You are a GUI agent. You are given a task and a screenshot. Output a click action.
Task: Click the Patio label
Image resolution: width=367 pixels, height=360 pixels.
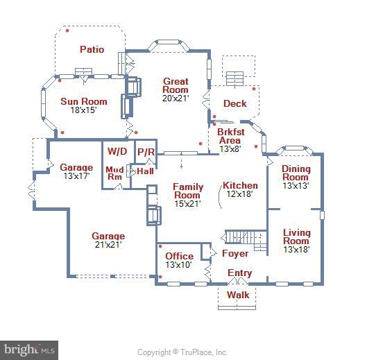tap(92, 49)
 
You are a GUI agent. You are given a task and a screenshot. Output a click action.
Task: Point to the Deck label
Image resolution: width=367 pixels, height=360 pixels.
tap(234, 104)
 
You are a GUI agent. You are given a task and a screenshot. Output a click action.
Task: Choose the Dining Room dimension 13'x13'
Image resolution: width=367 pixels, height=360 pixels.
tap(296, 186)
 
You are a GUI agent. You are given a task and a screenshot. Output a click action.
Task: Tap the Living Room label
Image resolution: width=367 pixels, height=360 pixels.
tap(296, 237)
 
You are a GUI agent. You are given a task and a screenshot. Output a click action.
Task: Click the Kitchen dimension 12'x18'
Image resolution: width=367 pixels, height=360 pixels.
tap(239, 194)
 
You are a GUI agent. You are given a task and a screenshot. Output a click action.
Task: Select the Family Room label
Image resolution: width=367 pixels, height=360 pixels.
tap(187, 191)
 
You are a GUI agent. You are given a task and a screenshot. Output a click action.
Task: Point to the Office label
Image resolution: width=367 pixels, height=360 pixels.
tap(179, 256)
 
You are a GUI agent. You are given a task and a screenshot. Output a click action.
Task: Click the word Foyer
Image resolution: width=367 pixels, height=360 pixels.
tap(234, 254)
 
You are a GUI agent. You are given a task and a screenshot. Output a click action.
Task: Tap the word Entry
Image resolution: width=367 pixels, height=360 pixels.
tap(240, 273)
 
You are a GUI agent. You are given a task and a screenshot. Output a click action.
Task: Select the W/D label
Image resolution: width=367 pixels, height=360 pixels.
tap(116, 151)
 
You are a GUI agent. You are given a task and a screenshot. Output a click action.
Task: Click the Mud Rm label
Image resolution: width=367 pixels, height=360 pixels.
tap(114, 173)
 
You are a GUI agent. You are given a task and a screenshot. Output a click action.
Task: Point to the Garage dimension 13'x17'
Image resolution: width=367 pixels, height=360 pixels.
tap(76, 176)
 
